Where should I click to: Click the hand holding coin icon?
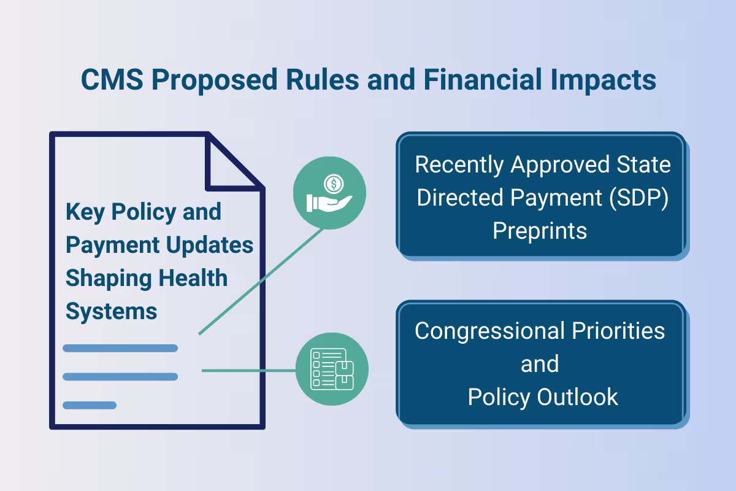[329, 193]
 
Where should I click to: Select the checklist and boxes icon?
[332, 369]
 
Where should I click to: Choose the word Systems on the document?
[111, 312]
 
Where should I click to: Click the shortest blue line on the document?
[90, 405]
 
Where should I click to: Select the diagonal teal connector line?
[261, 282]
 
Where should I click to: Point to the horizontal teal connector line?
[248, 370]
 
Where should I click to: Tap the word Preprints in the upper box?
[540, 231]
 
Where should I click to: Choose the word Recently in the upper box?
[459, 165]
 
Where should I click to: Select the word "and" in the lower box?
[540, 364]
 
